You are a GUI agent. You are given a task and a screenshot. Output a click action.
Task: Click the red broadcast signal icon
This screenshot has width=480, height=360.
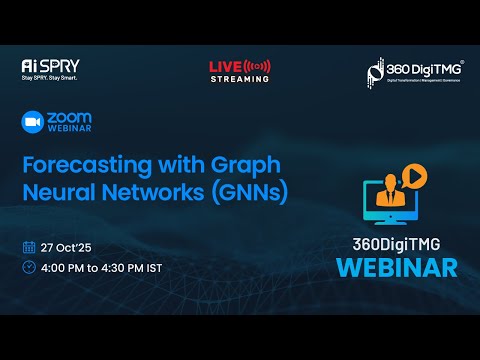[258, 66]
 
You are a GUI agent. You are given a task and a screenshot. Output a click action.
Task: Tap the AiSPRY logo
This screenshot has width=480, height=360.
[44, 65]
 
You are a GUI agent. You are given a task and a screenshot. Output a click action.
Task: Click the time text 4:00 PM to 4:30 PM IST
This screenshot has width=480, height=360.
[102, 268]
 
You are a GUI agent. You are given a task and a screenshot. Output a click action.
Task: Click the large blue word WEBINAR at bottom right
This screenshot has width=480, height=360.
[396, 267]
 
